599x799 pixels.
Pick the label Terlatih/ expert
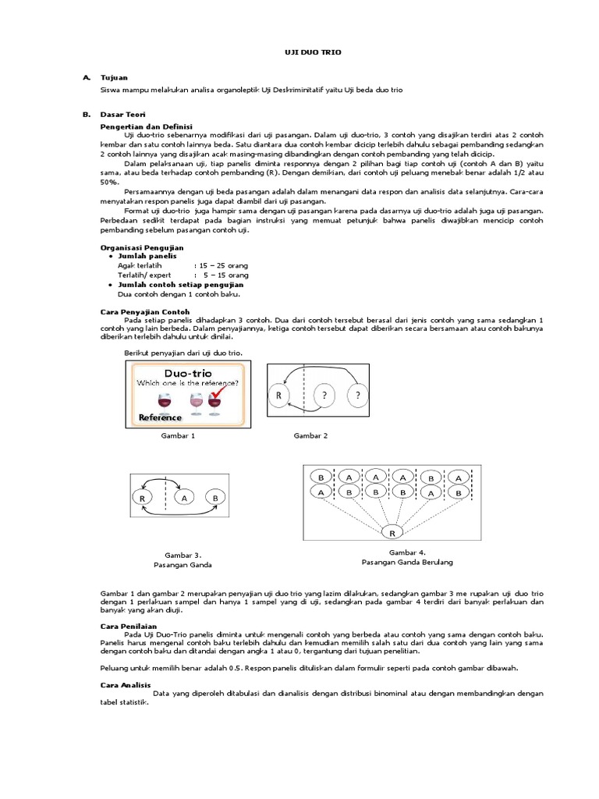pyautogui.click(x=144, y=275)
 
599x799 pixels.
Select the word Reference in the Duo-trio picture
pyautogui.click(x=160, y=417)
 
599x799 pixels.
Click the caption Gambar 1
pyautogui.click(x=178, y=435)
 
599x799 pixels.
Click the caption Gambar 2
pyautogui.click(x=310, y=435)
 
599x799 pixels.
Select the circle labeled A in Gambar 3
pyautogui.click(x=183, y=497)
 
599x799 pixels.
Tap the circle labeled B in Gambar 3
pyautogui.click(x=213, y=497)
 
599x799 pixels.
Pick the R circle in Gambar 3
pyautogui.click(x=143, y=497)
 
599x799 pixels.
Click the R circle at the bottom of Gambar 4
pyautogui.click(x=392, y=533)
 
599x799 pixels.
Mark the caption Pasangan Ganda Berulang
pyautogui.click(x=407, y=562)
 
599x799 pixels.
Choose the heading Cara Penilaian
pyautogui.click(x=127, y=626)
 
